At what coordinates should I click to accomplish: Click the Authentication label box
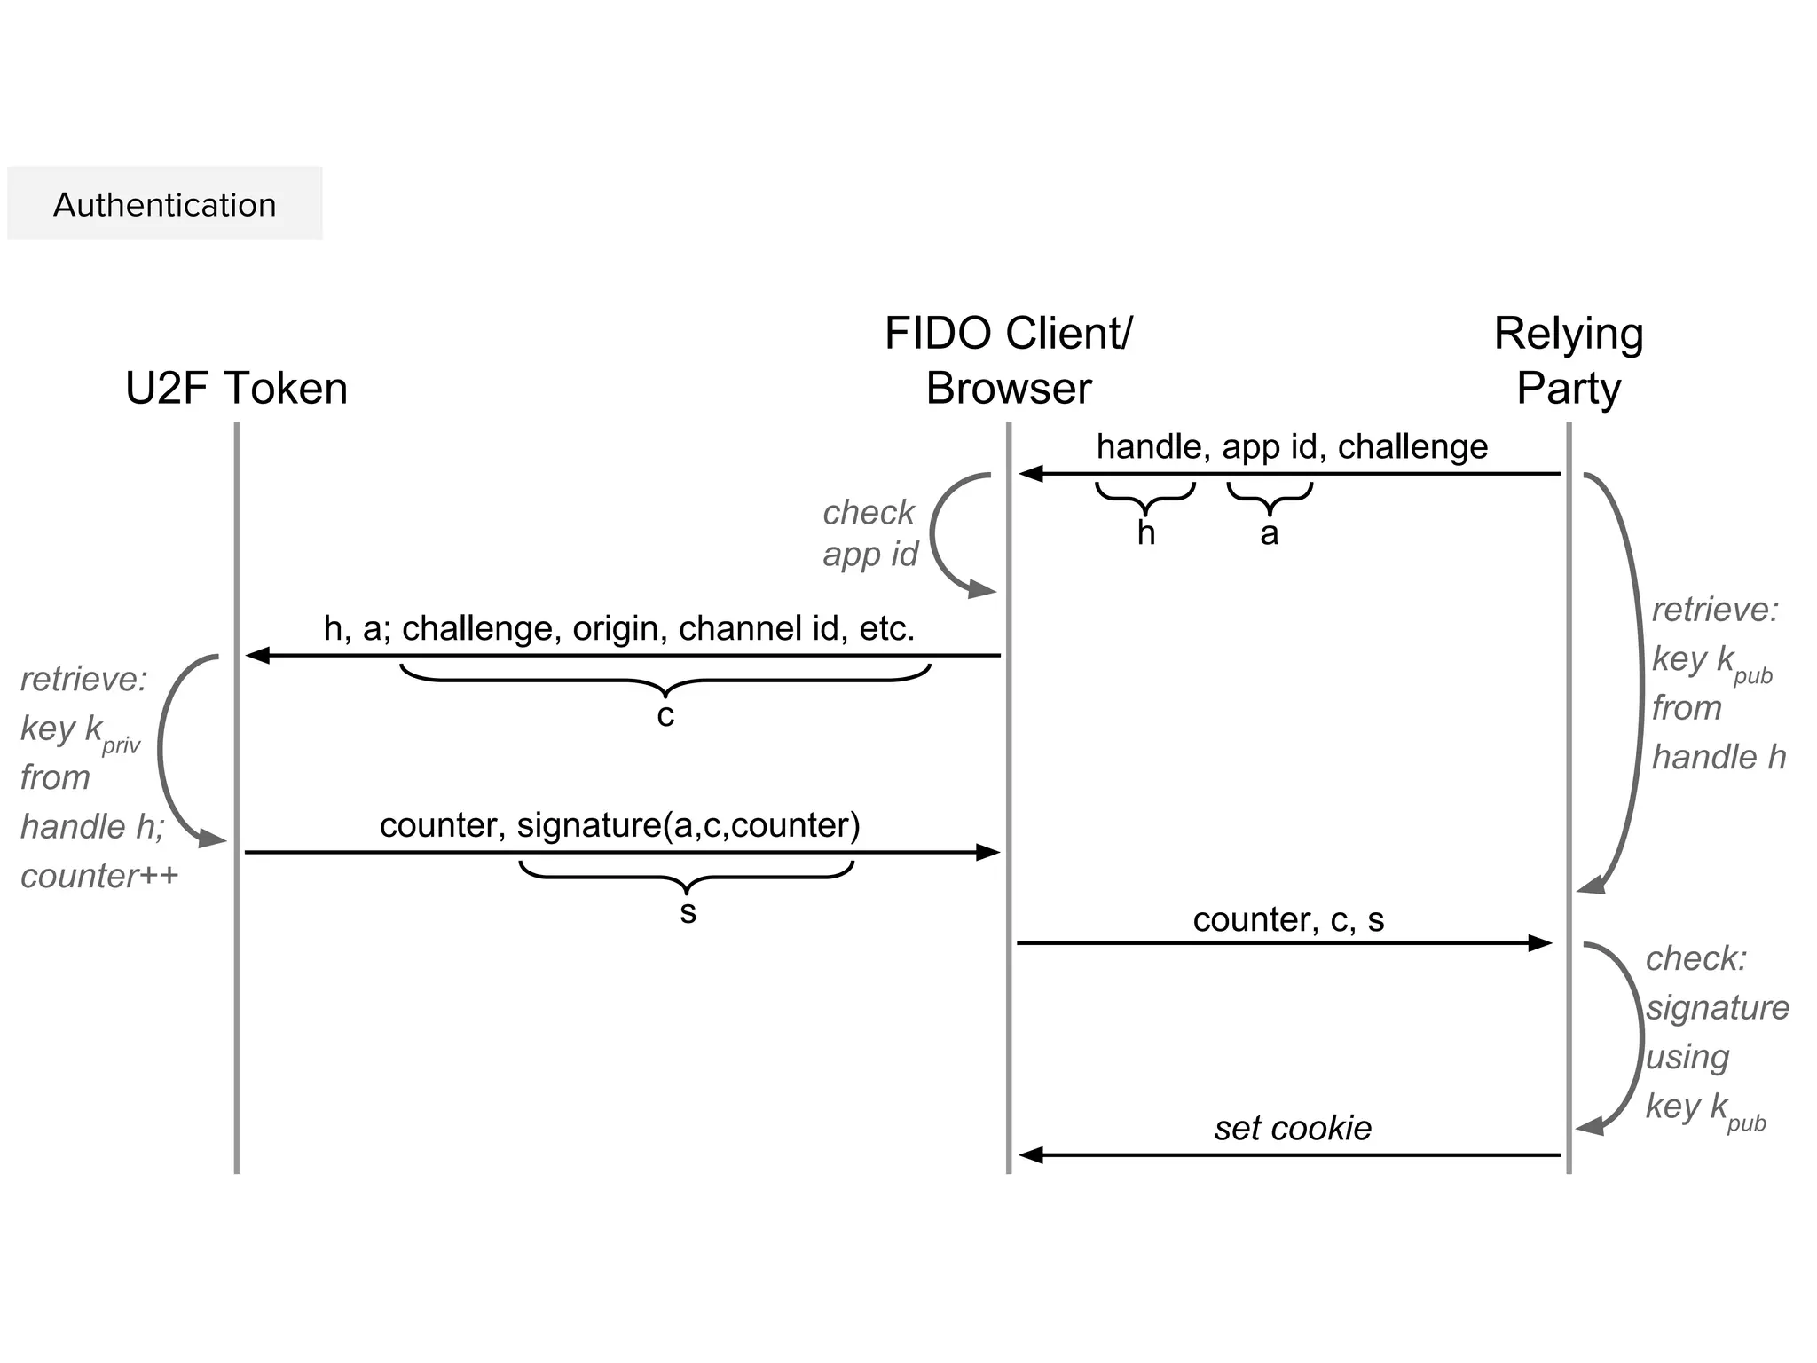click(164, 204)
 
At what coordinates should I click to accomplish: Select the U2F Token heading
click(236, 389)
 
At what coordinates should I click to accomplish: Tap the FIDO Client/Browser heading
click(1009, 361)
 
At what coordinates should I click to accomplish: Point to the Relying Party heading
click(1569, 361)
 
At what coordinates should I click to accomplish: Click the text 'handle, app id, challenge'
click(1292, 446)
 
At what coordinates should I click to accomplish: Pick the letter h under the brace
click(1146, 533)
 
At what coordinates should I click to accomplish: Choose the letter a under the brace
click(1270, 533)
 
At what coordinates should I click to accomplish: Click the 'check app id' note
click(869, 532)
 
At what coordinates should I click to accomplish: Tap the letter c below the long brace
click(665, 715)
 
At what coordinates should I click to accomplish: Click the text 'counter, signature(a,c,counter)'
click(619, 825)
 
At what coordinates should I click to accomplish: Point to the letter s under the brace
click(688, 912)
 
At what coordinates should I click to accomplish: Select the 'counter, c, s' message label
click(1288, 919)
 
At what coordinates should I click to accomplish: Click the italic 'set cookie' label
click(1293, 1128)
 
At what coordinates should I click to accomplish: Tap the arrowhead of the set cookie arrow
click(1030, 1155)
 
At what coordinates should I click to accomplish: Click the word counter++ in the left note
click(99, 876)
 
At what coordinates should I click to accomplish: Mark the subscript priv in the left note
click(121, 745)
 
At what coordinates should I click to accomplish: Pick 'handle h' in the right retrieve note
click(1719, 757)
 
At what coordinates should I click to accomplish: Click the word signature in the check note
click(1718, 1007)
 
